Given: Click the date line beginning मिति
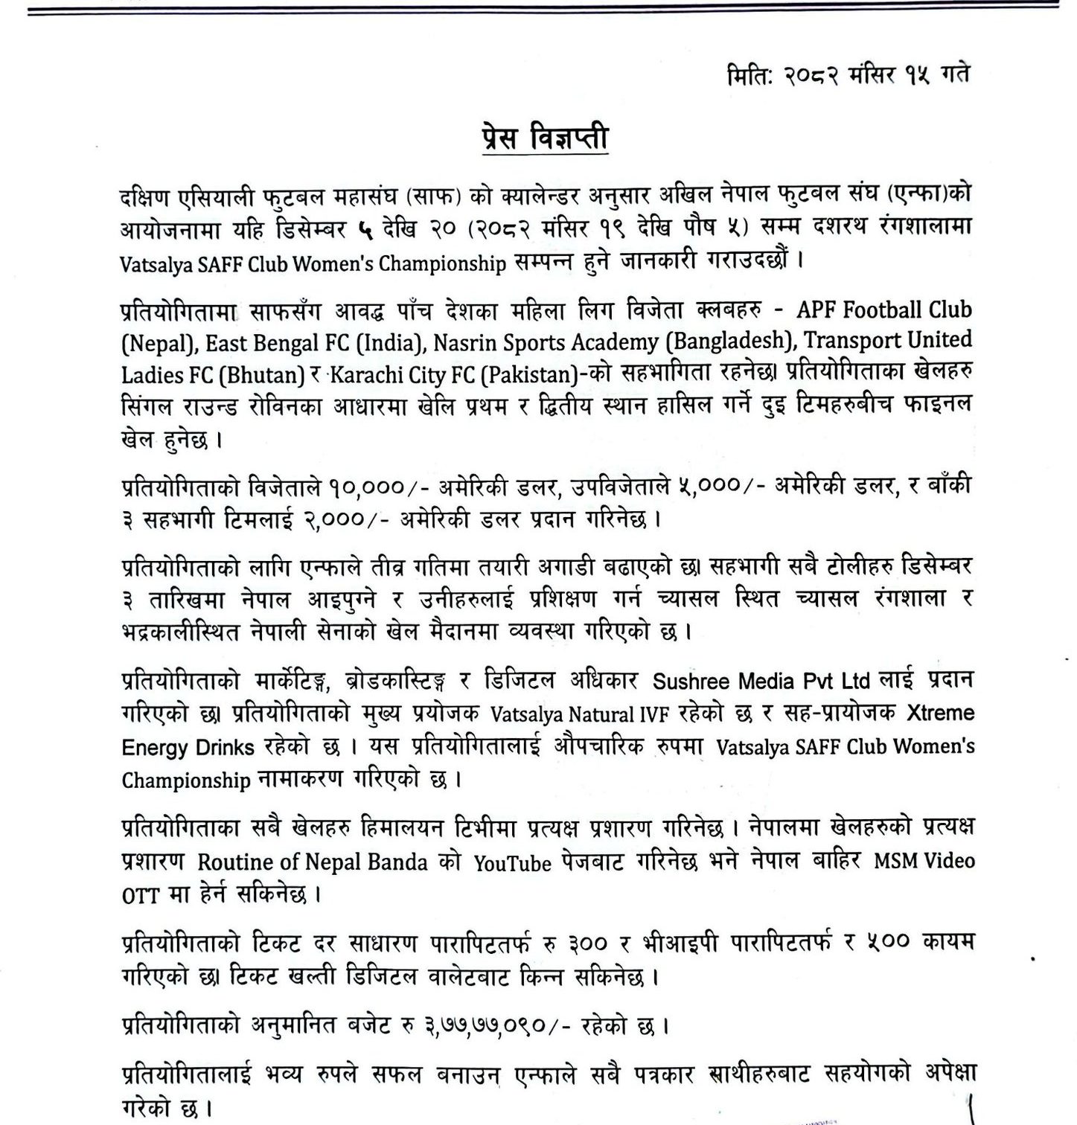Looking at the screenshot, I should (848, 76).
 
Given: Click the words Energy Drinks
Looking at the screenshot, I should (188, 747).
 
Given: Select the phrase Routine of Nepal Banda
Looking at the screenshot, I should (313, 862).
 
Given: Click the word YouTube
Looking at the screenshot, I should (513, 862).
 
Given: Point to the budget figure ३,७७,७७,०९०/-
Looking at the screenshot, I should (508, 1027).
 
